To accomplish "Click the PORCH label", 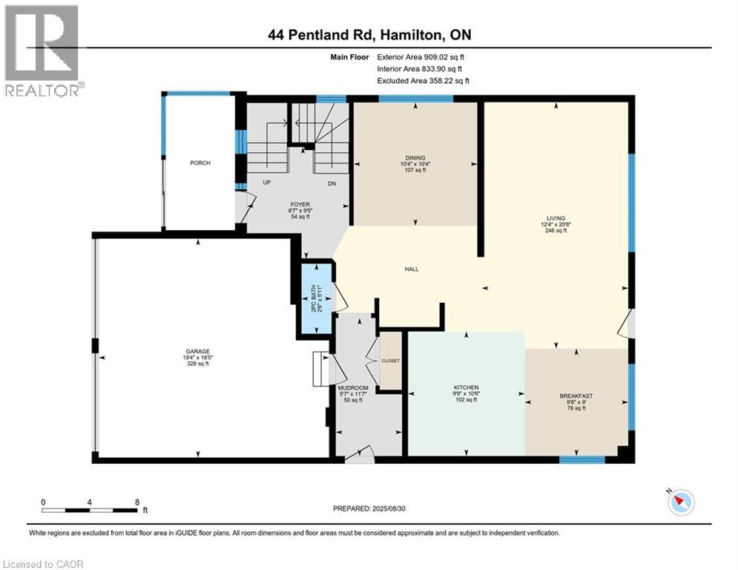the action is [x=200, y=163].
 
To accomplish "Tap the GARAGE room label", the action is [x=198, y=351].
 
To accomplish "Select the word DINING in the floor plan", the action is [x=415, y=158].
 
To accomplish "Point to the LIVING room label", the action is [x=556, y=219].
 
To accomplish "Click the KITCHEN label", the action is [x=466, y=387].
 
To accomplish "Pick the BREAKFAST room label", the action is [x=576, y=396].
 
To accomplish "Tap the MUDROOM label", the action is [x=353, y=388].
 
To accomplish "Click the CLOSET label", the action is [x=391, y=361].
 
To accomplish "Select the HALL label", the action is [x=412, y=269].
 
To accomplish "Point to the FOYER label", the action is [x=300, y=205].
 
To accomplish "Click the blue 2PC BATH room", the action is [x=316, y=298].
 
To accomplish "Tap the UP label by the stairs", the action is [x=267, y=183].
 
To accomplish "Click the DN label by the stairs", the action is [x=332, y=184].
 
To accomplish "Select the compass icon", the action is [x=681, y=502].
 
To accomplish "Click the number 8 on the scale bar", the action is [x=137, y=502].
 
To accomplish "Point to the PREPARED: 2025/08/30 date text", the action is [x=369, y=508].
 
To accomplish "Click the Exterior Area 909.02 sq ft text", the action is [x=421, y=57].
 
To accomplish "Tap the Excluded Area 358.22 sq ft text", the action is [x=423, y=81].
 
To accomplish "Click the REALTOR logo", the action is [x=42, y=51].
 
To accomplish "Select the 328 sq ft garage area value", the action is [x=198, y=364].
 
